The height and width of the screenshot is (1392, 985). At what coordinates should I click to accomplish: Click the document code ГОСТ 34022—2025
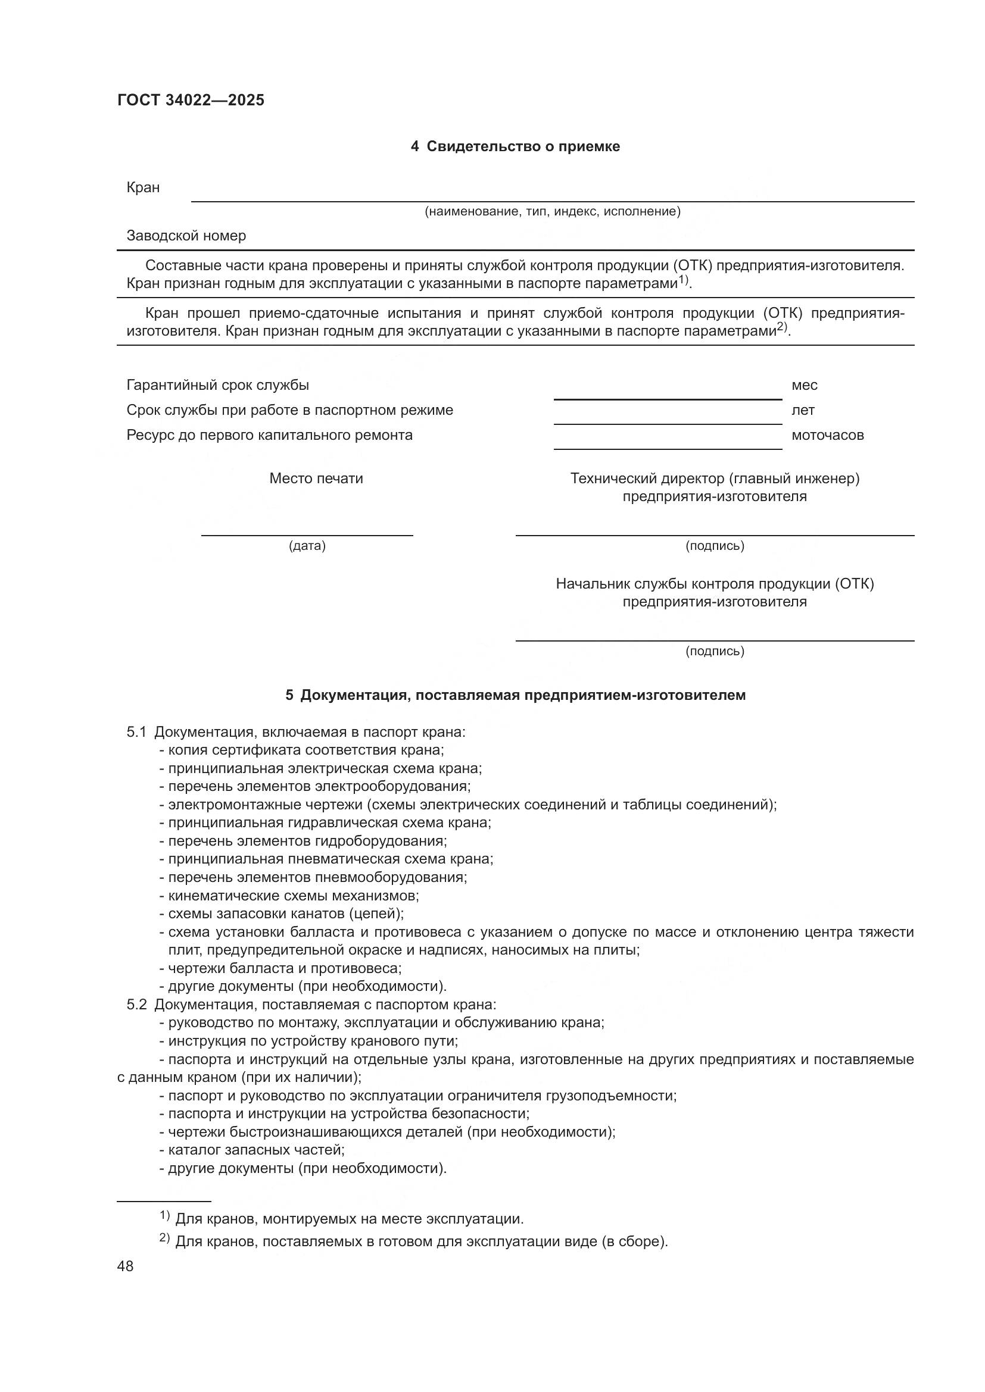click(x=191, y=100)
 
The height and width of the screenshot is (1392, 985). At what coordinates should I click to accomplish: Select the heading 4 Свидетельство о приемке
click(x=515, y=146)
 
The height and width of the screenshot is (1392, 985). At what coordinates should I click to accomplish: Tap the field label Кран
click(x=143, y=187)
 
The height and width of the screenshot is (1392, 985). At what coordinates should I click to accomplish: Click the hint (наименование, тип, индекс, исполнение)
click(x=552, y=211)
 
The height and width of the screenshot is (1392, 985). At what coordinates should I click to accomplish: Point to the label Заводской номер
click(x=186, y=235)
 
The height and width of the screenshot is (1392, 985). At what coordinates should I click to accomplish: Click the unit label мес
click(x=804, y=385)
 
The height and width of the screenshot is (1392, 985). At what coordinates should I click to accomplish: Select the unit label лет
click(x=802, y=410)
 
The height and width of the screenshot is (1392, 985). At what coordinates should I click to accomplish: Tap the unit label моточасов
click(x=827, y=434)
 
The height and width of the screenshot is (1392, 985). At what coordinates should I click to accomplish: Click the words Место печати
click(x=316, y=478)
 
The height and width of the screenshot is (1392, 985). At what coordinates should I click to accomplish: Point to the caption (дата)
click(x=307, y=546)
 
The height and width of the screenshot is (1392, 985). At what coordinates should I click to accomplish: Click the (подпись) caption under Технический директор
click(x=715, y=546)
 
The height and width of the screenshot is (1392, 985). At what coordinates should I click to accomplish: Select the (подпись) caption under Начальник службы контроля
click(x=715, y=651)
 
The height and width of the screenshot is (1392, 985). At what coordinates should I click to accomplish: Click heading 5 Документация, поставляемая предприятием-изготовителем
click(x=515, y=695)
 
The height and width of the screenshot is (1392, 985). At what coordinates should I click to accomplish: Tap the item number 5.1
click(x=136, y=732)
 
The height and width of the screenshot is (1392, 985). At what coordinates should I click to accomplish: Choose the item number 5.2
click(x=136, y=1005)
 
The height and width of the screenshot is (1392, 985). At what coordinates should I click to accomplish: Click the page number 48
click(x=126, y=1266)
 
